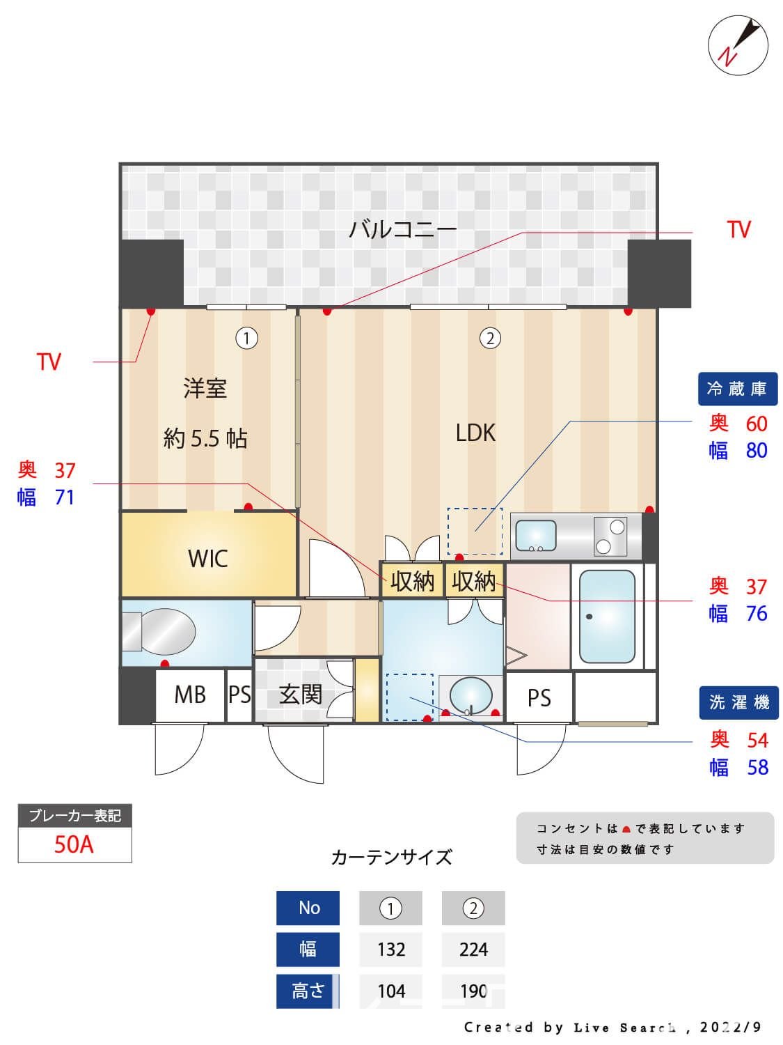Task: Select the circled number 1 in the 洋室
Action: coord(246,339)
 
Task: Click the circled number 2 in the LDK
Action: coord(490,339)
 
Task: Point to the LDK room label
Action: coord(475,433)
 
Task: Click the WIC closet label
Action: coord(207,558)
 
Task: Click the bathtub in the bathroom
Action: coord(607,617)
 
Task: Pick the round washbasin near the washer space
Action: coord(470,694)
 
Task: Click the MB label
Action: coord(189,695)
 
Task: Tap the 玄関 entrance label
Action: coord(300,694)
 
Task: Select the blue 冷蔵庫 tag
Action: coord(737,389)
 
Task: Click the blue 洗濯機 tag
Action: coord(738,703)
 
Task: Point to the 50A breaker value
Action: coord(74,844)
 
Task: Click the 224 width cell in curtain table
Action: coord(473,950)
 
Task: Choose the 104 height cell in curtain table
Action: coord(390,991)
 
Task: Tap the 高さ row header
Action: coord(308,991)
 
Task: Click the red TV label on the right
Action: coord(738,229)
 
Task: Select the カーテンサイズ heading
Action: coord(391,857)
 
